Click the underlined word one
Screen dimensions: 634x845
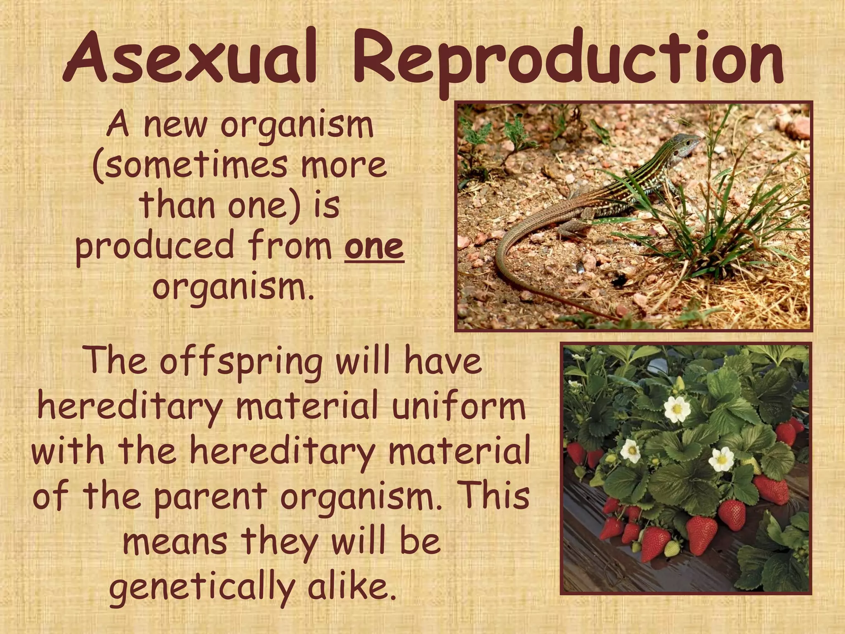click(x=374, y=247)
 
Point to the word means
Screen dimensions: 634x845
click(x=175, y=541)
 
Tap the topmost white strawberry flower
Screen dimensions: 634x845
click(x=677, y=409)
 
